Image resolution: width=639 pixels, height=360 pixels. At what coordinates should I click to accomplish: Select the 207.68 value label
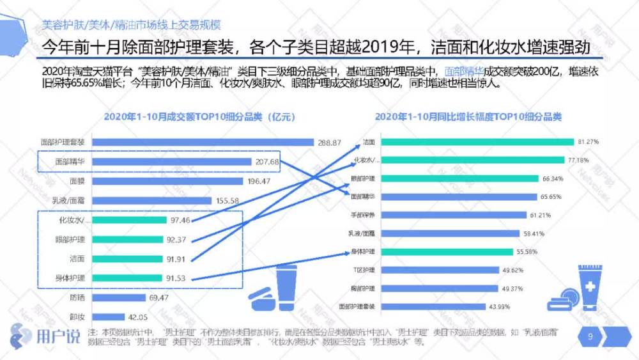click(x=266, y=162)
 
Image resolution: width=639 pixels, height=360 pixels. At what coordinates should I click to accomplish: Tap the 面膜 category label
click(x=77, y=182)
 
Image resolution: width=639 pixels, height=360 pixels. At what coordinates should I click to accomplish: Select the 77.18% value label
click(x=578, y=160)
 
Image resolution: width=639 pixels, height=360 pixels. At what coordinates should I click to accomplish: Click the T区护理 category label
click(x=366, y=270)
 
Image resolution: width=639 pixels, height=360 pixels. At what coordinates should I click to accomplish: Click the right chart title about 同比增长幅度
click(x=468, y=117)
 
